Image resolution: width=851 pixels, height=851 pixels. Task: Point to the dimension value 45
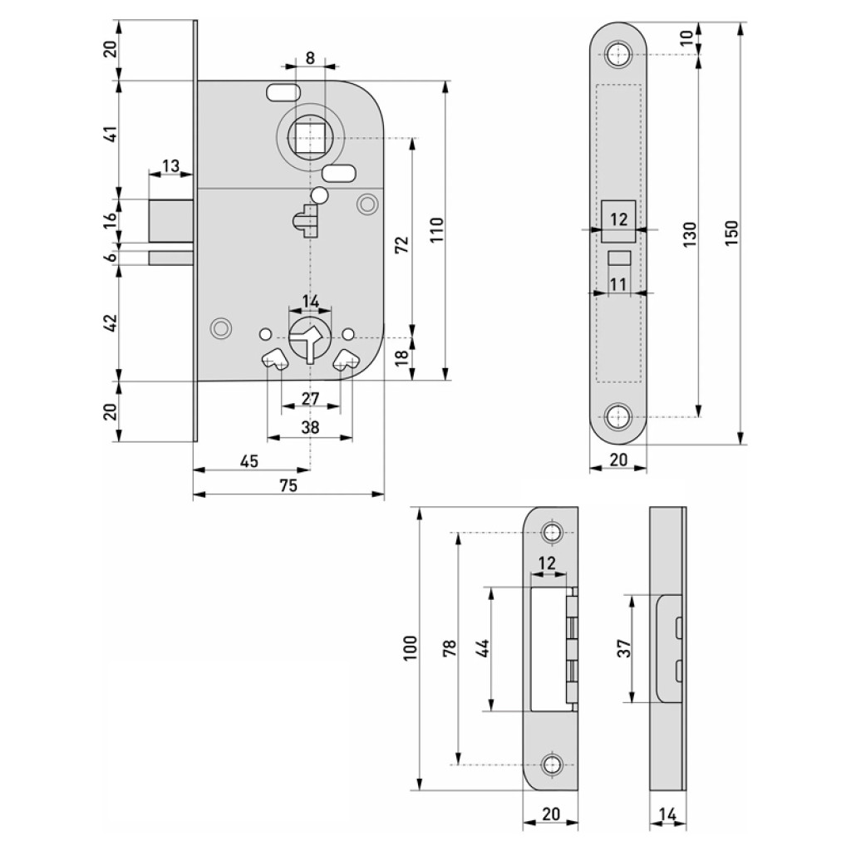point(249,460)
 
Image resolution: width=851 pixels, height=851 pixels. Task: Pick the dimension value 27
point(310,399)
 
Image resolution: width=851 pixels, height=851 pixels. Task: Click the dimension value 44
point(483,648)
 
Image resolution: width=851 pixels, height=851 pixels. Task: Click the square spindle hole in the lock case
point(310,136)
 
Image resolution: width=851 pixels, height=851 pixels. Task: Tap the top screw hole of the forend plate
point(617,55)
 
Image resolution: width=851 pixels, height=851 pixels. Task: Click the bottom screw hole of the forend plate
point(617,416)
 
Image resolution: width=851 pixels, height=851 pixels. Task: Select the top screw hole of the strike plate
point(551,533)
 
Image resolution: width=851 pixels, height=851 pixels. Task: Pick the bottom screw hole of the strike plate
point(551,764)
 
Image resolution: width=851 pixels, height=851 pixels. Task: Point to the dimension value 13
point(170,166)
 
